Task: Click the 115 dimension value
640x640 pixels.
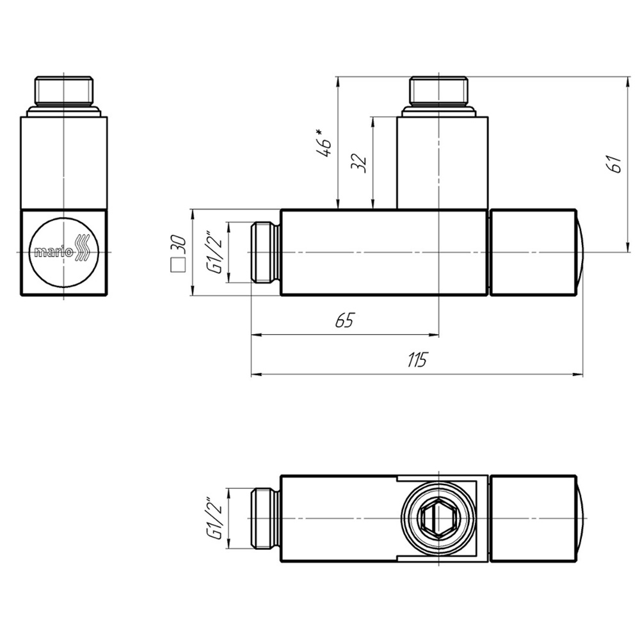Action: coord(417,360)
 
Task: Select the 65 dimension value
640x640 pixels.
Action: coord(344,321)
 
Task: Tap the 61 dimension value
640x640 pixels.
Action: coord(615,163)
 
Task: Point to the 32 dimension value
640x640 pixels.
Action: coord(359,163)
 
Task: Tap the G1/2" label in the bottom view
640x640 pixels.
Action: coord(214,518)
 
